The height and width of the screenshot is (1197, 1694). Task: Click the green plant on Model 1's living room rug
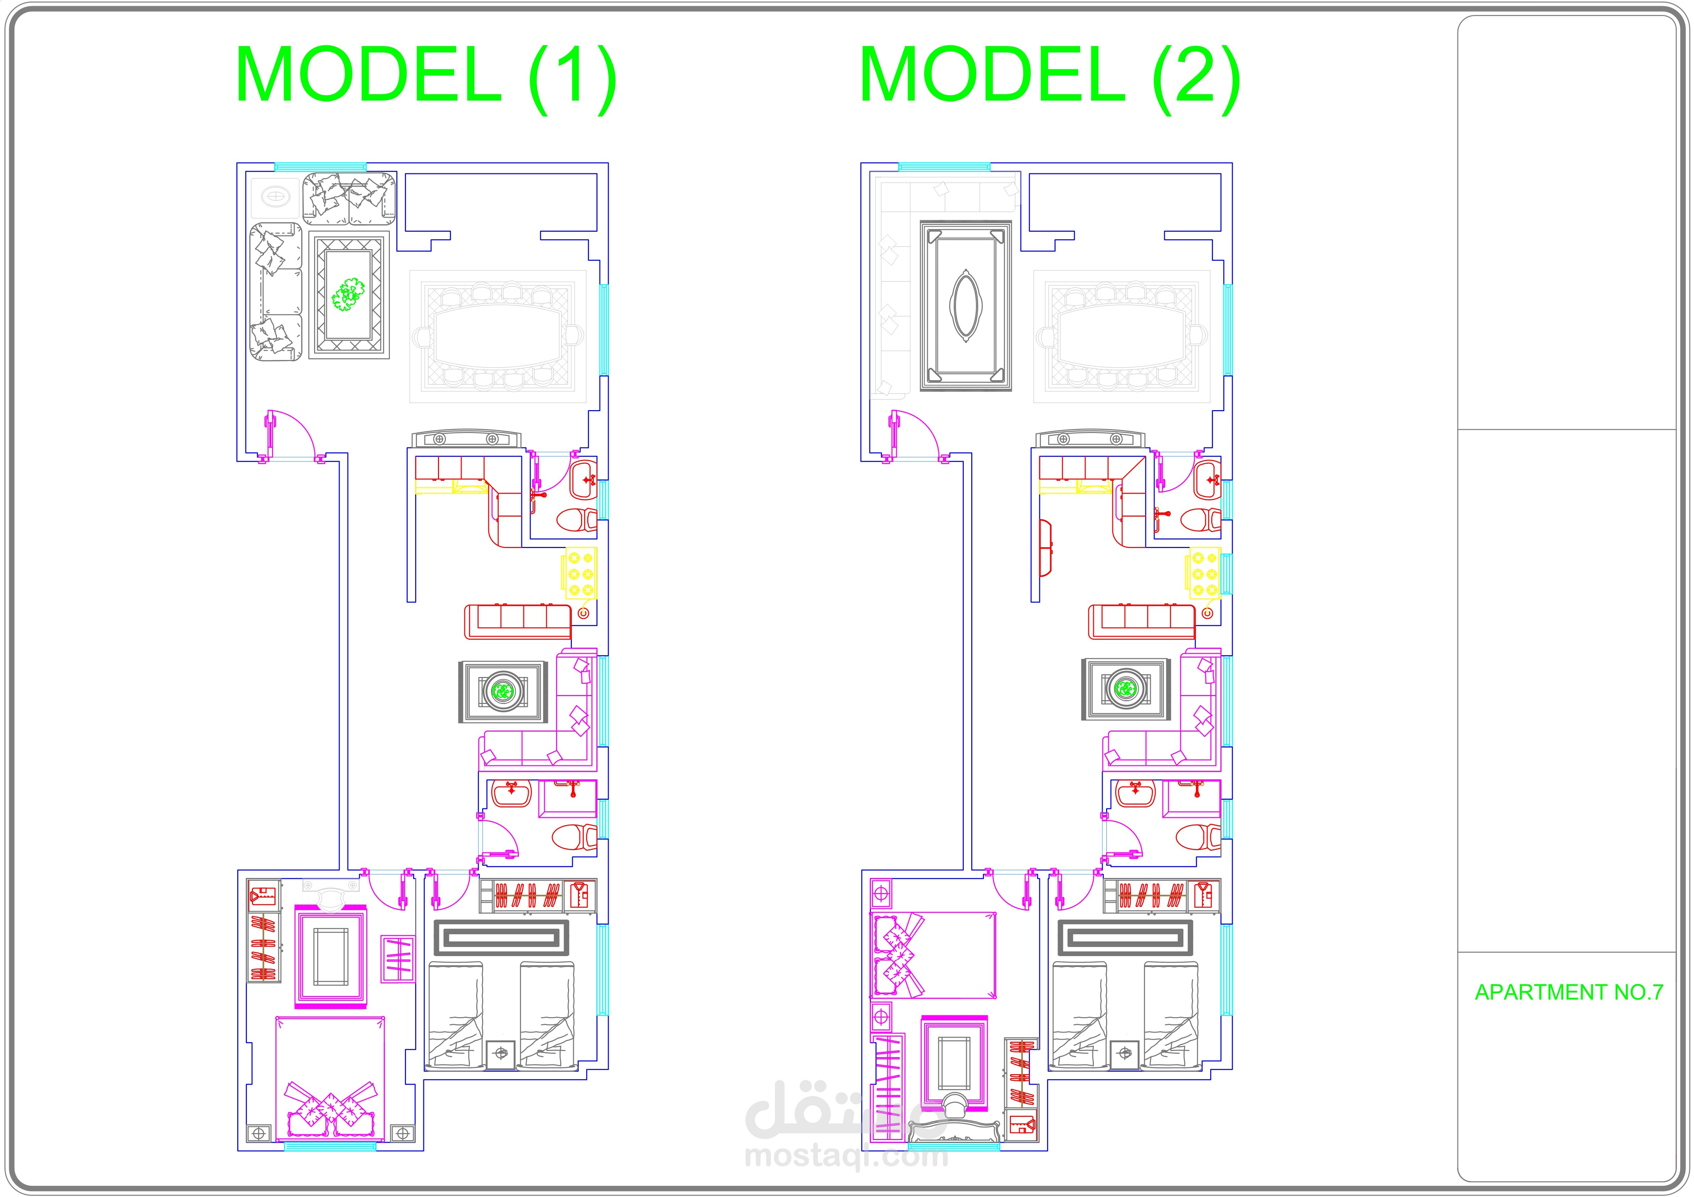[x=348, y=293]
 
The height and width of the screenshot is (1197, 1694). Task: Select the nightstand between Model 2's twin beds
[x=1125, y=1053]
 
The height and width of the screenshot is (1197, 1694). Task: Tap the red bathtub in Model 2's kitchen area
[x=1045, y=548]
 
